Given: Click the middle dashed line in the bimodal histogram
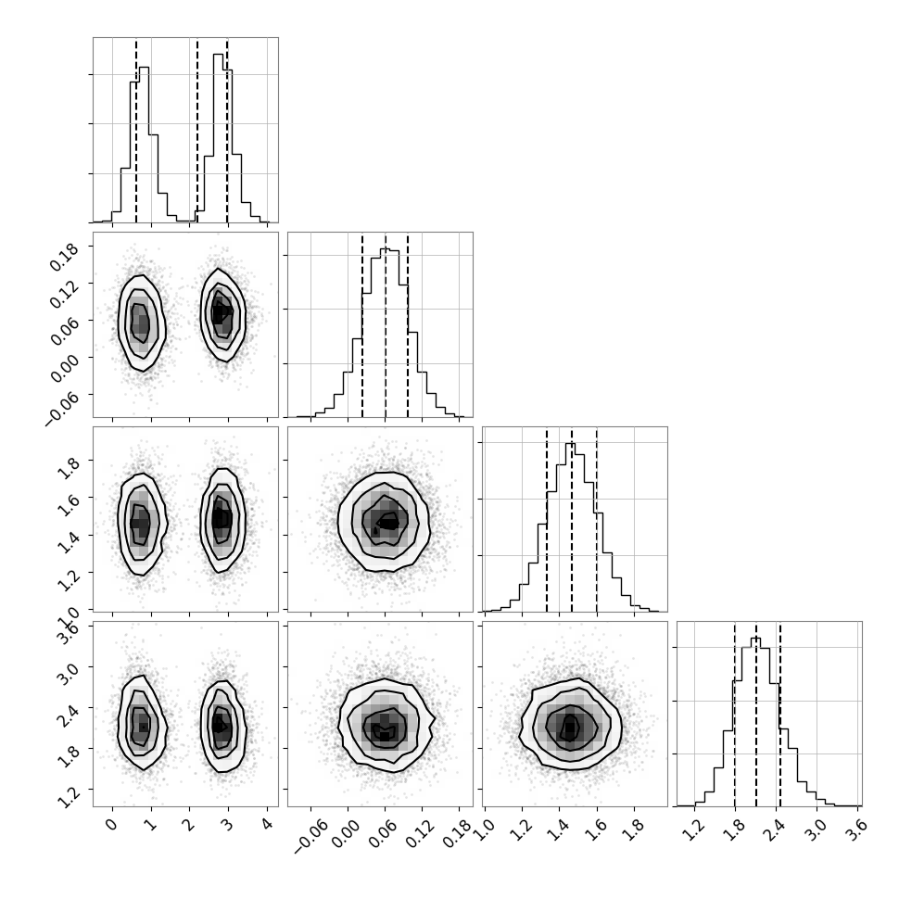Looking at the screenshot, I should (x=197, y=130).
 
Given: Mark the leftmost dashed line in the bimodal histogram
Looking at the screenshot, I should (x=136, y=130).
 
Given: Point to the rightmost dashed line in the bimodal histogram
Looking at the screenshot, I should (x=227, y=130).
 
